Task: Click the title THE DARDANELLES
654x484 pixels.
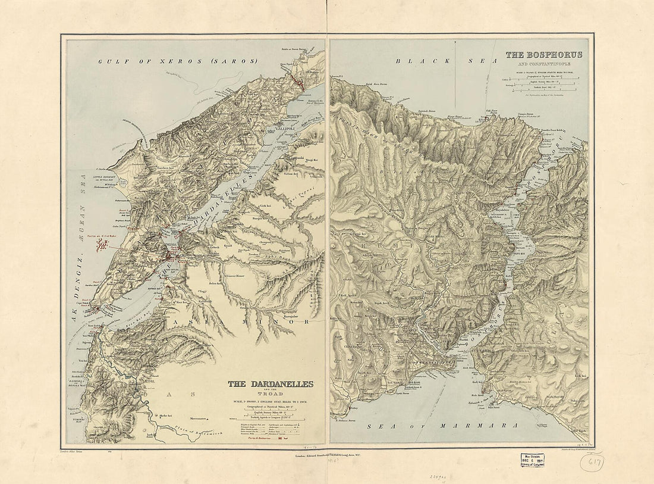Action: tap(271, 384)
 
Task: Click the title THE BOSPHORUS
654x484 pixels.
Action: tap(543, 55)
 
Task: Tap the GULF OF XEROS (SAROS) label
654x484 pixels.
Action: tap(178, 61)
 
